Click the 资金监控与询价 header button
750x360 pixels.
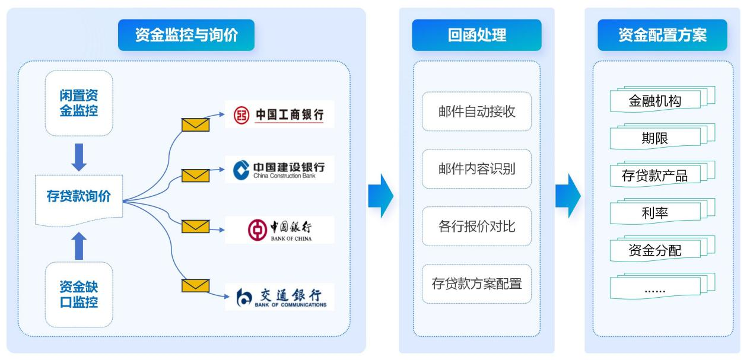point(186,35)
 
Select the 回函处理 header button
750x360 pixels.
point(476,35)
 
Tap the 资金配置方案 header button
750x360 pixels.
point(662,35)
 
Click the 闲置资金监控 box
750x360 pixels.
point(79,103)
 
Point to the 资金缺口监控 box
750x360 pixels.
point(79,295)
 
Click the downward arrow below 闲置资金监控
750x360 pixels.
point(79,157)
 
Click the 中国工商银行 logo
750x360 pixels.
point(279,114)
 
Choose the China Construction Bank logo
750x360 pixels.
point(279,169)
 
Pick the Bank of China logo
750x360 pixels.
point(279,230)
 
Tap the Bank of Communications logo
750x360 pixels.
point(279,297)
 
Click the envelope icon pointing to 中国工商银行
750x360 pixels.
point(195,125)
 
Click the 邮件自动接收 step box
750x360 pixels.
point(476,111)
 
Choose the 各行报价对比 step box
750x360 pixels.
point(476,226)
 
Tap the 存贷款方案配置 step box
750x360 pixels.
point(476,283)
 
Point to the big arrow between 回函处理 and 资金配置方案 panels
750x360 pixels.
point(568,196)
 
